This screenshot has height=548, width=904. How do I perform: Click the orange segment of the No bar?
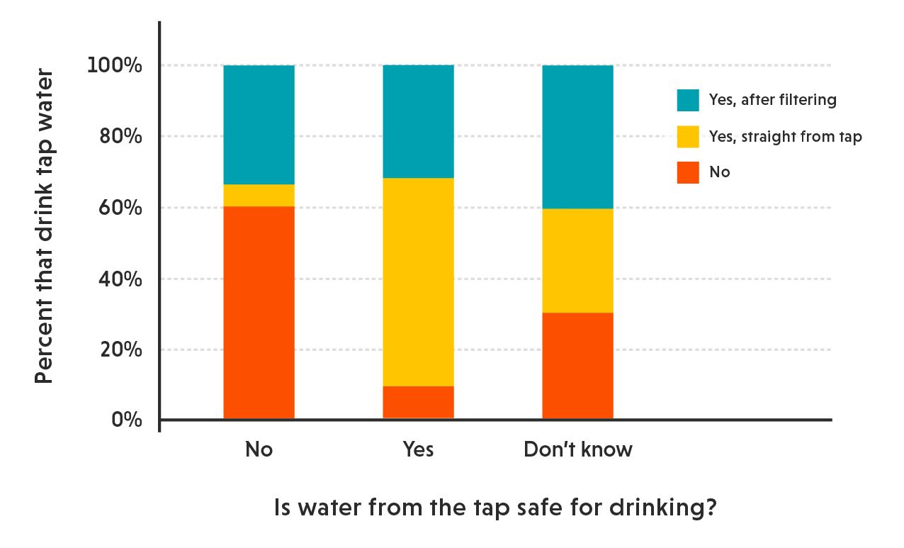pyautogui.click(x=259, y=312)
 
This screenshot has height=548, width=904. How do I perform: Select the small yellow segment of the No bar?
pyautogui.click(x=259, y=195)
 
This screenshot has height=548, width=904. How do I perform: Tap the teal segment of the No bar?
pyautogui.click(x=259, y=125)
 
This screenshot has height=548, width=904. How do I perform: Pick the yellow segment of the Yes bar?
pyautogui.click(x=418, y=281)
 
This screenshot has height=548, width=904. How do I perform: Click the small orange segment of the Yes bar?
pyautogui.click(x=418, y=402)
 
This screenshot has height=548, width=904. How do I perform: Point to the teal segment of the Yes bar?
pyautogui.click(x=418, y=121)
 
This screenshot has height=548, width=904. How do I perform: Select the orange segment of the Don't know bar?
pyautogui.click(x=577, y=365)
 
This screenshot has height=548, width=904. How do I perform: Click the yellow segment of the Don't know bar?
pyautogui.click(x=577, y=260)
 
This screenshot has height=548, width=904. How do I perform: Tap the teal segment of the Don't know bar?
pyautogui.click(x=577, y=137)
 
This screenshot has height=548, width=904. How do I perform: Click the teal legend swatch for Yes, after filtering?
pyautogui.click(x=687, y=100)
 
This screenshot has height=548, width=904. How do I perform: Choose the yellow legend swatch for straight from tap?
pyautogui.click(x=687, y=137)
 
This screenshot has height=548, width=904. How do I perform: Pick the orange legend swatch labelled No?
pyautogui.click(x=687, y=172)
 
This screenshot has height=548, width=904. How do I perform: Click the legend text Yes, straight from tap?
pyautogui.click(x=785, y=137)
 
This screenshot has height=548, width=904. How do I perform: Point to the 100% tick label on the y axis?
pyautogui.click(x=115, y=66)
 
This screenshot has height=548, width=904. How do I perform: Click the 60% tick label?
pyautogui.click(x=119, y=208)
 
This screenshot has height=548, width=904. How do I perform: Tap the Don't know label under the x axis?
pyautogui.click(x=577, y=449)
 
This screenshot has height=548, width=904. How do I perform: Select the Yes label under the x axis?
pyautogui.click(x=418, y=449)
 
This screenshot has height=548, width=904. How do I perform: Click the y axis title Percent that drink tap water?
pyautogui.click(x=45, y=225)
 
